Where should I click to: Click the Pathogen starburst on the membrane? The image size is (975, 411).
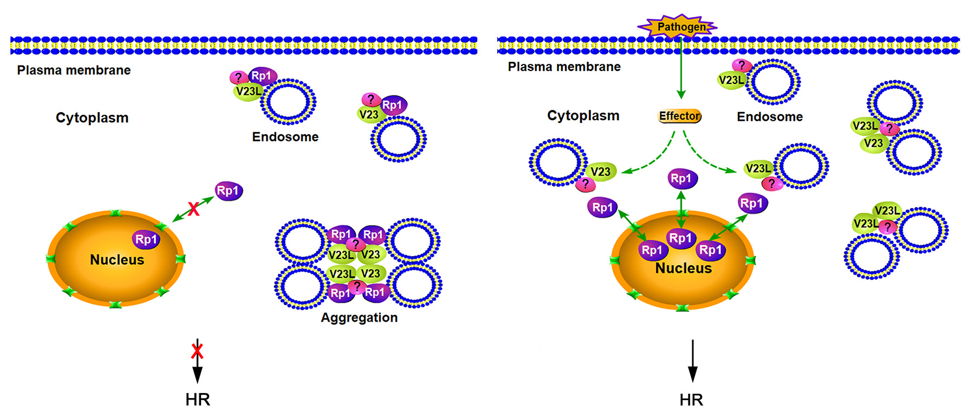(x=678, y=27)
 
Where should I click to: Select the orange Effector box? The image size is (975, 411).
(x=680, y=116)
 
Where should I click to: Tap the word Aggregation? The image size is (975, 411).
(x=359, y=318)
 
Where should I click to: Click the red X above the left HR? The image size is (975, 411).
(x=197, y=351)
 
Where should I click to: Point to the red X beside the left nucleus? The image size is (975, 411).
(x=193, y=208)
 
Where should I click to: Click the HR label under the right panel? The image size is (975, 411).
(x=691, y=400)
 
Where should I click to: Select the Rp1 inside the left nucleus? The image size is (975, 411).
(x=146, y=239)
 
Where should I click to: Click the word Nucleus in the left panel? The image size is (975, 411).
(x=117, y=260)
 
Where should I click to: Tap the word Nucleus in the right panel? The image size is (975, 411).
(x=684, y=269)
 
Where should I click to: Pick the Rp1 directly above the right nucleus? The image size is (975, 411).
(x=681, y=178)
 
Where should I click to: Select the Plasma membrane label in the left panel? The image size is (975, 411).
(x=74, y=70)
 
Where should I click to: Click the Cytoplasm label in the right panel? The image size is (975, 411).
(x=583, y=116)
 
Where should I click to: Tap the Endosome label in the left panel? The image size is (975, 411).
(x=285, y=137)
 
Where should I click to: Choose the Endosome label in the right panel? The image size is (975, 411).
(x=770, y=117)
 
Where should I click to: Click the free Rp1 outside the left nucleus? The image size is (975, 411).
(x=229, y=191)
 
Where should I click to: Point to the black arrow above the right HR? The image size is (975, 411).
(x=692, y=361)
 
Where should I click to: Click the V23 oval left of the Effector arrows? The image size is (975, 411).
(x=600, y=172)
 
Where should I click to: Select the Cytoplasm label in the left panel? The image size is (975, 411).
(x=92, y=118)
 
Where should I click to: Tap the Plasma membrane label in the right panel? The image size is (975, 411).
(x=564, y=67)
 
